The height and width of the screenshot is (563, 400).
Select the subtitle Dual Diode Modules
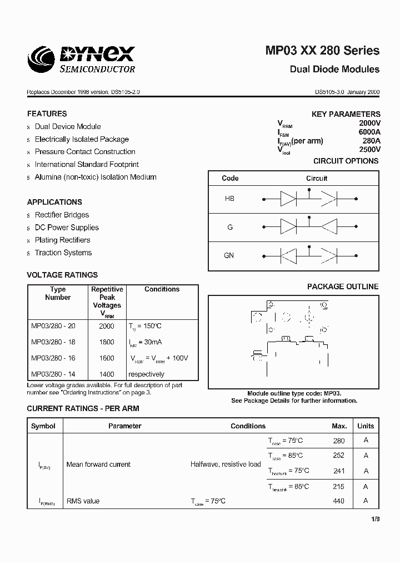334,70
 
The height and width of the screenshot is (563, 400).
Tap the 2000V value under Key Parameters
369,123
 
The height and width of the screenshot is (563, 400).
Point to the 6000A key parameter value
369,132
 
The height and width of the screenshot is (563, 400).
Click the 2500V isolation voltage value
369,150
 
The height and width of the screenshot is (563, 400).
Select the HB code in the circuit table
229,199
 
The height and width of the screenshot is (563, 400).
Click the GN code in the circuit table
229,255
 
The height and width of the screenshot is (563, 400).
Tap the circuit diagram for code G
309,227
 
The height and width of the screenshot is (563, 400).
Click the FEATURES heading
47,113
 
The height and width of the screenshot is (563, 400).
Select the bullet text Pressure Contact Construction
85,152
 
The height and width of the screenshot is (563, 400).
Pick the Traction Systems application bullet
63,253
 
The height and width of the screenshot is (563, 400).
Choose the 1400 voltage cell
107,374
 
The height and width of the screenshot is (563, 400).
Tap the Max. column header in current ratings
339,426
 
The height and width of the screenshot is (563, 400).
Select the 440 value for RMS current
338,501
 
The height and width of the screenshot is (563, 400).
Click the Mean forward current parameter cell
98,465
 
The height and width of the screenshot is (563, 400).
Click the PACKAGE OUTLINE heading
343,287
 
